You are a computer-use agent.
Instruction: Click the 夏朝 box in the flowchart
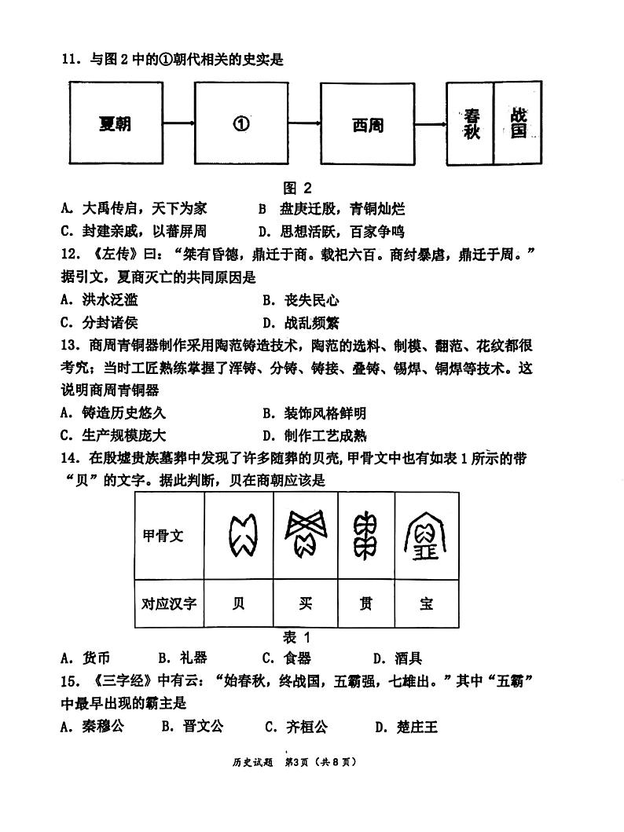(116, 123)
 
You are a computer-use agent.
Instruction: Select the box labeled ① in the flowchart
(241, 123)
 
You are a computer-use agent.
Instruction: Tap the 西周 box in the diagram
(367, 123)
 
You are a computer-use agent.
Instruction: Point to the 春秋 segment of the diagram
(471, 123)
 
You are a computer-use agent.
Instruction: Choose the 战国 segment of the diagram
(518, 123)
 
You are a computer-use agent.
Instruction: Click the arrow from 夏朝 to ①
(178, 123)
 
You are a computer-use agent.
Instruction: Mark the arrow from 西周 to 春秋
(430, 123)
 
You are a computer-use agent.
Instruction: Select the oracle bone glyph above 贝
(239, 537)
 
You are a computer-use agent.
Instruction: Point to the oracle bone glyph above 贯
(366, 537)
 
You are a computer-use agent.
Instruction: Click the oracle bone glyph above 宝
(427, 537)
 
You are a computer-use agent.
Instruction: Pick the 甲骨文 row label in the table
(163, 537)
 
